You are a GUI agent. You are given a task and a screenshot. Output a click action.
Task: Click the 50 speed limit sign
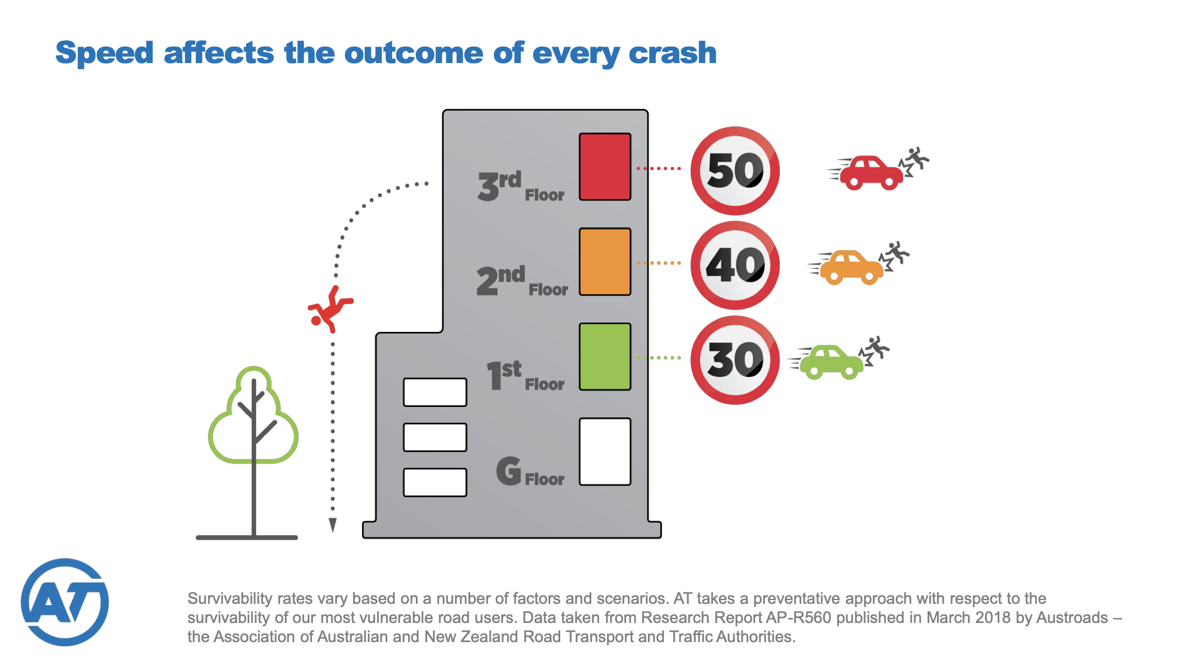point(735,171)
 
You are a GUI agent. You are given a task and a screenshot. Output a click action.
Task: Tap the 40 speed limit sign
point(735,265)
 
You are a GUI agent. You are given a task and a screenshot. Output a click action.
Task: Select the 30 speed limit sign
point(735,360)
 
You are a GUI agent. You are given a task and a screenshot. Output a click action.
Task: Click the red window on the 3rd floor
point(605,166)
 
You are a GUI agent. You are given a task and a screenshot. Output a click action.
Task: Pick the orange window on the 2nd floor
point(605,262)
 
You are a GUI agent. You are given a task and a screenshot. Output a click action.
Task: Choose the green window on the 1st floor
point(605,357)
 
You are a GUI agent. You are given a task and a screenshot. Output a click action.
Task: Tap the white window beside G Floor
point(605,452)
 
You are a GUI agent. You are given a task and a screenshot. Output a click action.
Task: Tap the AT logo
point(65,602)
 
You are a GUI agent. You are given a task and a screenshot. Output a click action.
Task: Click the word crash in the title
point(672,53)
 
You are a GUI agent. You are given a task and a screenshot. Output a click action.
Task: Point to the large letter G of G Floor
point(509,471)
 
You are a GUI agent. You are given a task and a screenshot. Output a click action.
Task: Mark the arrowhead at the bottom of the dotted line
point(333,525)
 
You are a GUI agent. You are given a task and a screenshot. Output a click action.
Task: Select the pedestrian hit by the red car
point(914,161)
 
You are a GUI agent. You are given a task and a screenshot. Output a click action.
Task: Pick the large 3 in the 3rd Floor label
point(488,186)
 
